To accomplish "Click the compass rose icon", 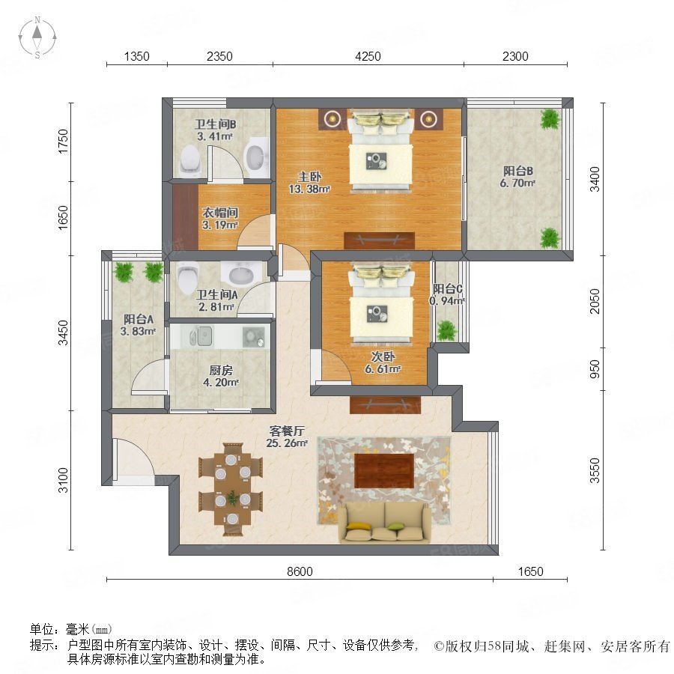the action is click(37, 37).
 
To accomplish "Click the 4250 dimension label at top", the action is click(368, 56).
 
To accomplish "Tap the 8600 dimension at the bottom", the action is click(300, 571).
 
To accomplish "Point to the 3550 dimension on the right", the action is click(595, 471).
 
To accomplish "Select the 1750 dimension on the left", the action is click(63, 142).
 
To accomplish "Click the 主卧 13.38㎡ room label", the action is click(309, 183).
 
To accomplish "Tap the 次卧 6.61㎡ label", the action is click(383, 362).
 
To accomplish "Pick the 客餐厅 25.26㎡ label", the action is click(287, 437).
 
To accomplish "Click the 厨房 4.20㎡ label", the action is click(221, 376).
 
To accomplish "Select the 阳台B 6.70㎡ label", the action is click(517, 177).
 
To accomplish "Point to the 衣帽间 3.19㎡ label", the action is click(220, 219).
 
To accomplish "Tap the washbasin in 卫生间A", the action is click(241, 273).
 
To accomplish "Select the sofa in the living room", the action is click(385, 523).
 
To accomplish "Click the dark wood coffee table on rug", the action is click(384, 471).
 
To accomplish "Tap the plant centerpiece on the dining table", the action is click(233, 498).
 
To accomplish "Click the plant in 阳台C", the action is click(446, 330).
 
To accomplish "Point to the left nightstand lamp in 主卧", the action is click(333, 119).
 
